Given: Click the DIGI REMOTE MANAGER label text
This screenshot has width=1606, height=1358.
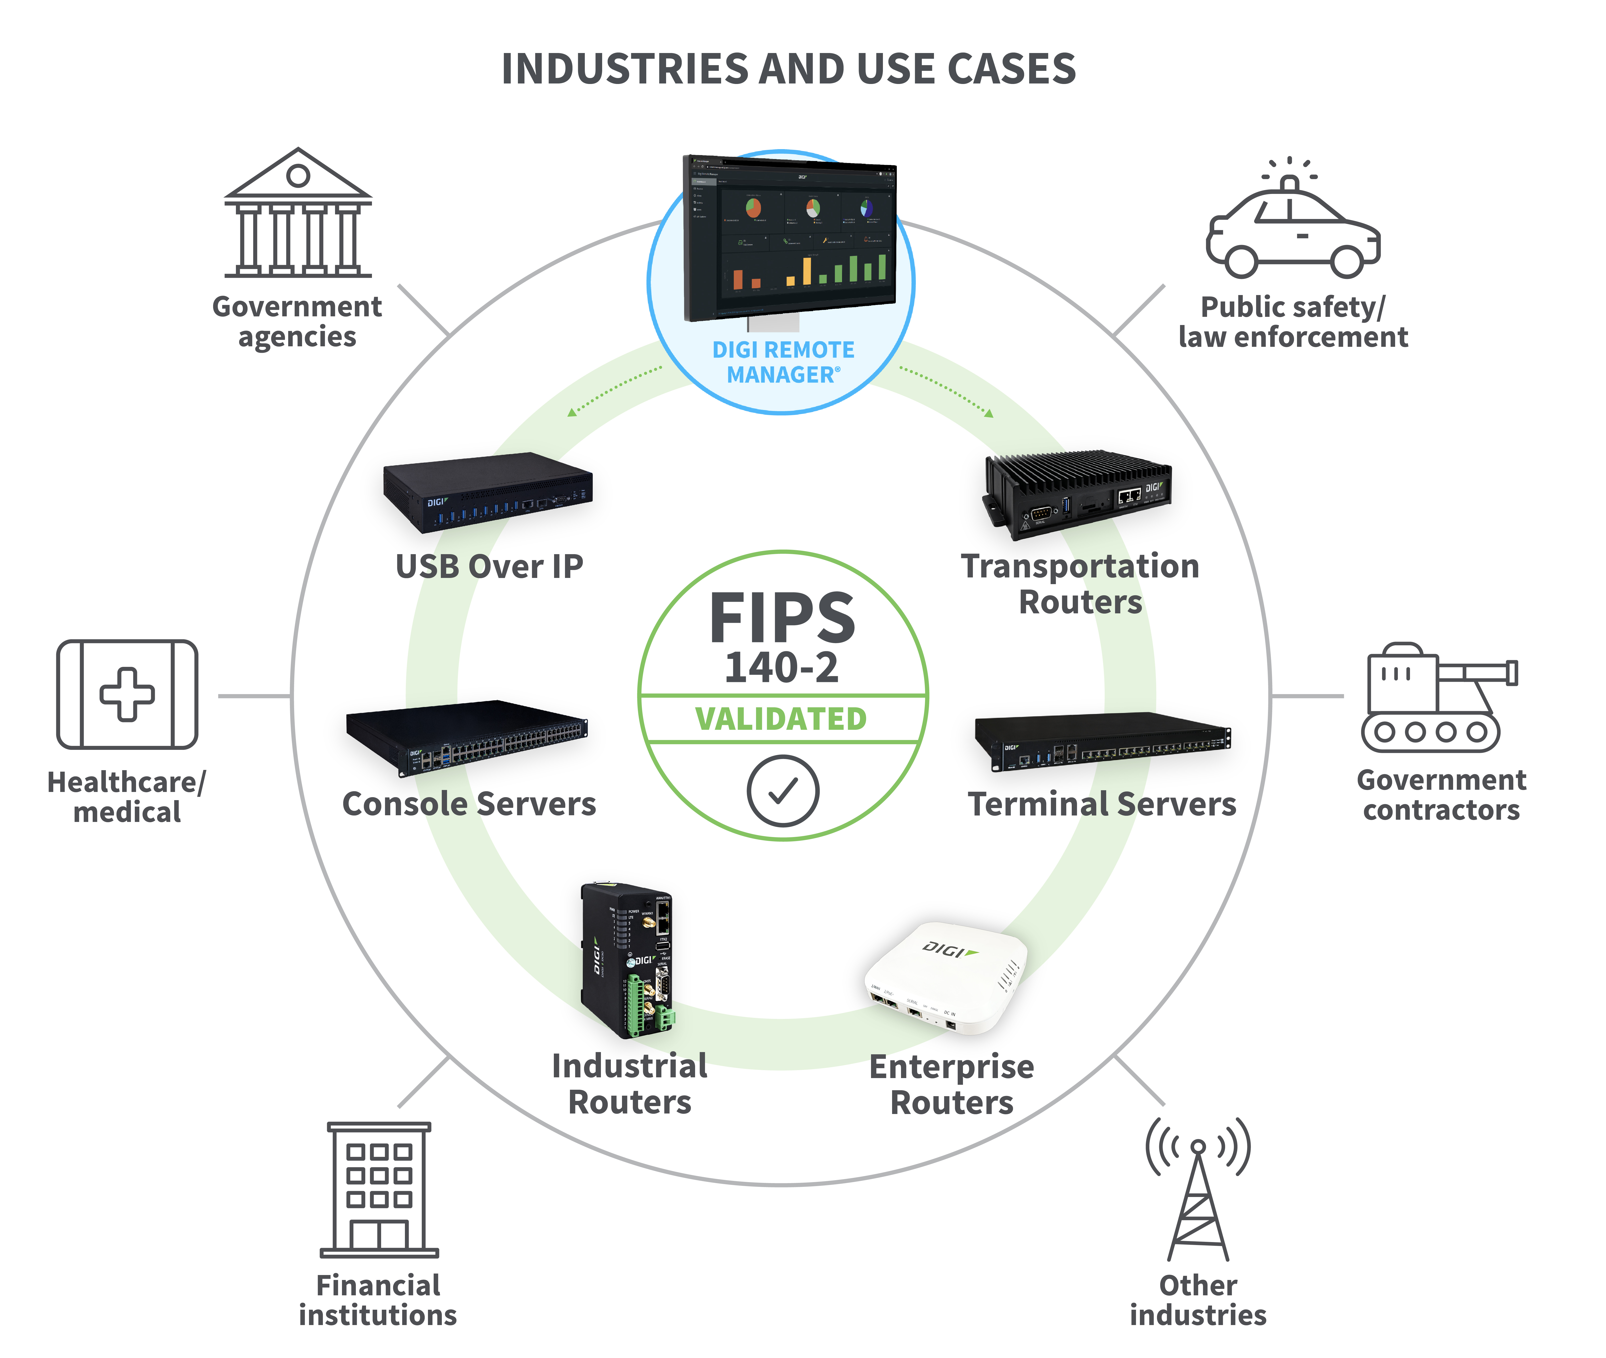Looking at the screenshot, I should pyautogui.click(x=783, y=362).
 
